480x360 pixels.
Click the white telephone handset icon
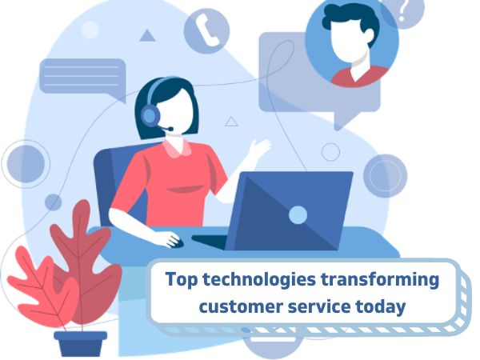207,30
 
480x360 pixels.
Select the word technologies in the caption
259,280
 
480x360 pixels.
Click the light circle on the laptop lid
298,214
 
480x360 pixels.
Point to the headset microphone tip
170,129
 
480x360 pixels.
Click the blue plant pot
81,343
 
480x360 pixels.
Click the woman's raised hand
260,147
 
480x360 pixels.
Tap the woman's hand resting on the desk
170,239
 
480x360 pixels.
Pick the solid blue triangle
147,35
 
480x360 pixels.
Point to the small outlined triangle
231,122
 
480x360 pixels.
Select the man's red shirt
360,77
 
